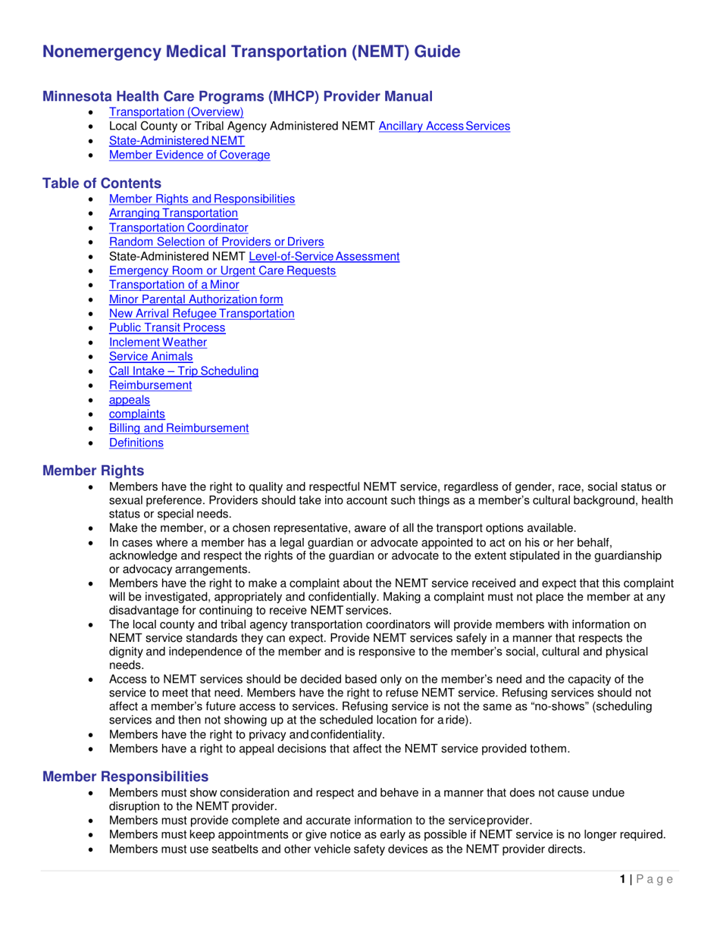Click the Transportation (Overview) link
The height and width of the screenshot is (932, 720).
(176, 112)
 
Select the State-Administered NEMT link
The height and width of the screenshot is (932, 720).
(177, 141)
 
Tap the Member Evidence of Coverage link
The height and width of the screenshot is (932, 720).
(189, 155)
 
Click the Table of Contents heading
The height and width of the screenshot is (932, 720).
(102, 183)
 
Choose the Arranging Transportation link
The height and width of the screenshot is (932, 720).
(173, 213)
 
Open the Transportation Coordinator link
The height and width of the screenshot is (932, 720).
(178, 227)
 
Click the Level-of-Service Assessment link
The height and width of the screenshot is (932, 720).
(318, 256)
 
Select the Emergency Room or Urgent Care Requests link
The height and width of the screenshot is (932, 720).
(222, 271)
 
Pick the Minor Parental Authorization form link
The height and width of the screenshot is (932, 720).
(196, 299)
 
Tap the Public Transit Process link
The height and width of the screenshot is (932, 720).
(167, 328)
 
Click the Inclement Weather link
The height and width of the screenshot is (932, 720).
(158, 342)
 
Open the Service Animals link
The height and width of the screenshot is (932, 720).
(151, 357)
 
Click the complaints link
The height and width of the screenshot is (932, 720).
(136, 414)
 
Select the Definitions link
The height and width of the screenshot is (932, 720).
(136, 443)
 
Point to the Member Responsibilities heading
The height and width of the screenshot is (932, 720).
(125, 777)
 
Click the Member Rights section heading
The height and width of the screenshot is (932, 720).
(92, 471)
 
